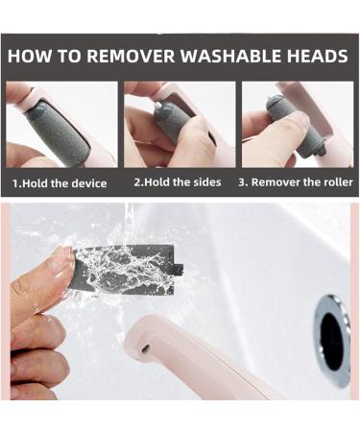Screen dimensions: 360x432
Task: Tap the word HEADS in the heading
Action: click(x=317, y=56)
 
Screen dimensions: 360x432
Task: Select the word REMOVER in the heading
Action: click(x=131, y=56)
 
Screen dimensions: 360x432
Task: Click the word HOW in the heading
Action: click(x=29, y=56)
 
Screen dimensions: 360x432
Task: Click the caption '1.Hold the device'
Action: click(x=60, y=183)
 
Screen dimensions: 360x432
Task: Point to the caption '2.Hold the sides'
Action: click(x=178, y=182)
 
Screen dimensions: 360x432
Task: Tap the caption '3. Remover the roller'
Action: click(x=296, y=182)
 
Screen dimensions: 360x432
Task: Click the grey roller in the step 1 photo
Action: click(x=57, y=132)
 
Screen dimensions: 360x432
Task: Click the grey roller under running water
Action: click(x=128, y=270)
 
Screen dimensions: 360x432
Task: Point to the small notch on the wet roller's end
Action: click(x=179, y=269)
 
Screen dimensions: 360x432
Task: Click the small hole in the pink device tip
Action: click(x=145, y=348)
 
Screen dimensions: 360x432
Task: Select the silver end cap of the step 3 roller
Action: click(x=275, y=99)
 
